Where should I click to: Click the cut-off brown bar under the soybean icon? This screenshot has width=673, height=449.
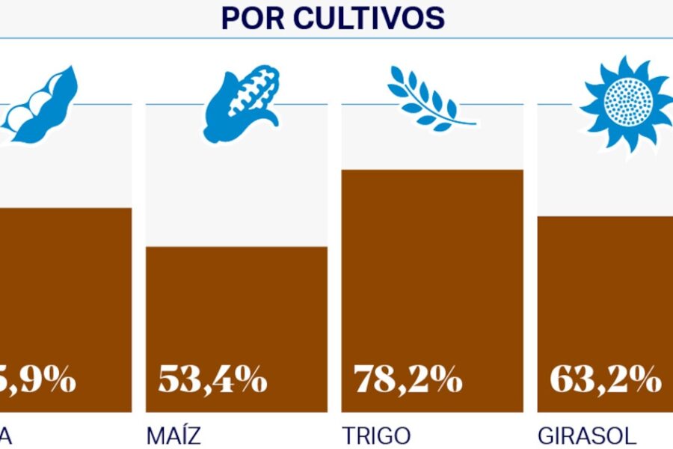tap(66, 292)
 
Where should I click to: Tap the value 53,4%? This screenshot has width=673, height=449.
tap(212, 380)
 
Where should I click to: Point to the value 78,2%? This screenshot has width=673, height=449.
tap(408, 380)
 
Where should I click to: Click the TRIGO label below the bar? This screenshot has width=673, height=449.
tap(376, 436)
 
